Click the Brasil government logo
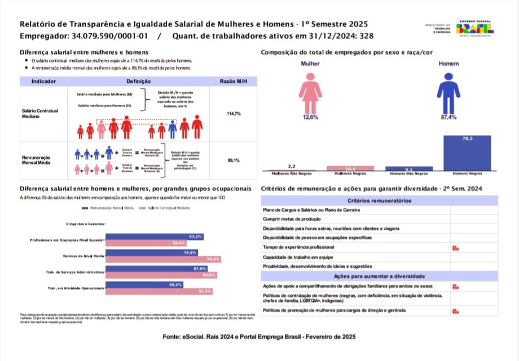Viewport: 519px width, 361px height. (x=474, y=29)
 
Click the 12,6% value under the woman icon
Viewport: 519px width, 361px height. (x=310, y=117)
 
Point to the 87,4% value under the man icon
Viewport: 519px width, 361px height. (x=448, y=117)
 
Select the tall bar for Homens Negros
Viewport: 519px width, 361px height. (x=467, y=153)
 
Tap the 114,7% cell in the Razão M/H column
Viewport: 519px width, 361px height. (x=234, y=114)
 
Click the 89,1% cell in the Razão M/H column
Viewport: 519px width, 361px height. (x=234, y=161)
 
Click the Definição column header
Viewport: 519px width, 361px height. (x=138, y=82)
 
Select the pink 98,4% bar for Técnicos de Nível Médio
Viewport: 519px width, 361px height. (x=163, y=259)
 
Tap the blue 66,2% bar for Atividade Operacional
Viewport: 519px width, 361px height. (x=144, y=285)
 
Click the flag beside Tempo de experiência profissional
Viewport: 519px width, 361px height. (x=455, y=248)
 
